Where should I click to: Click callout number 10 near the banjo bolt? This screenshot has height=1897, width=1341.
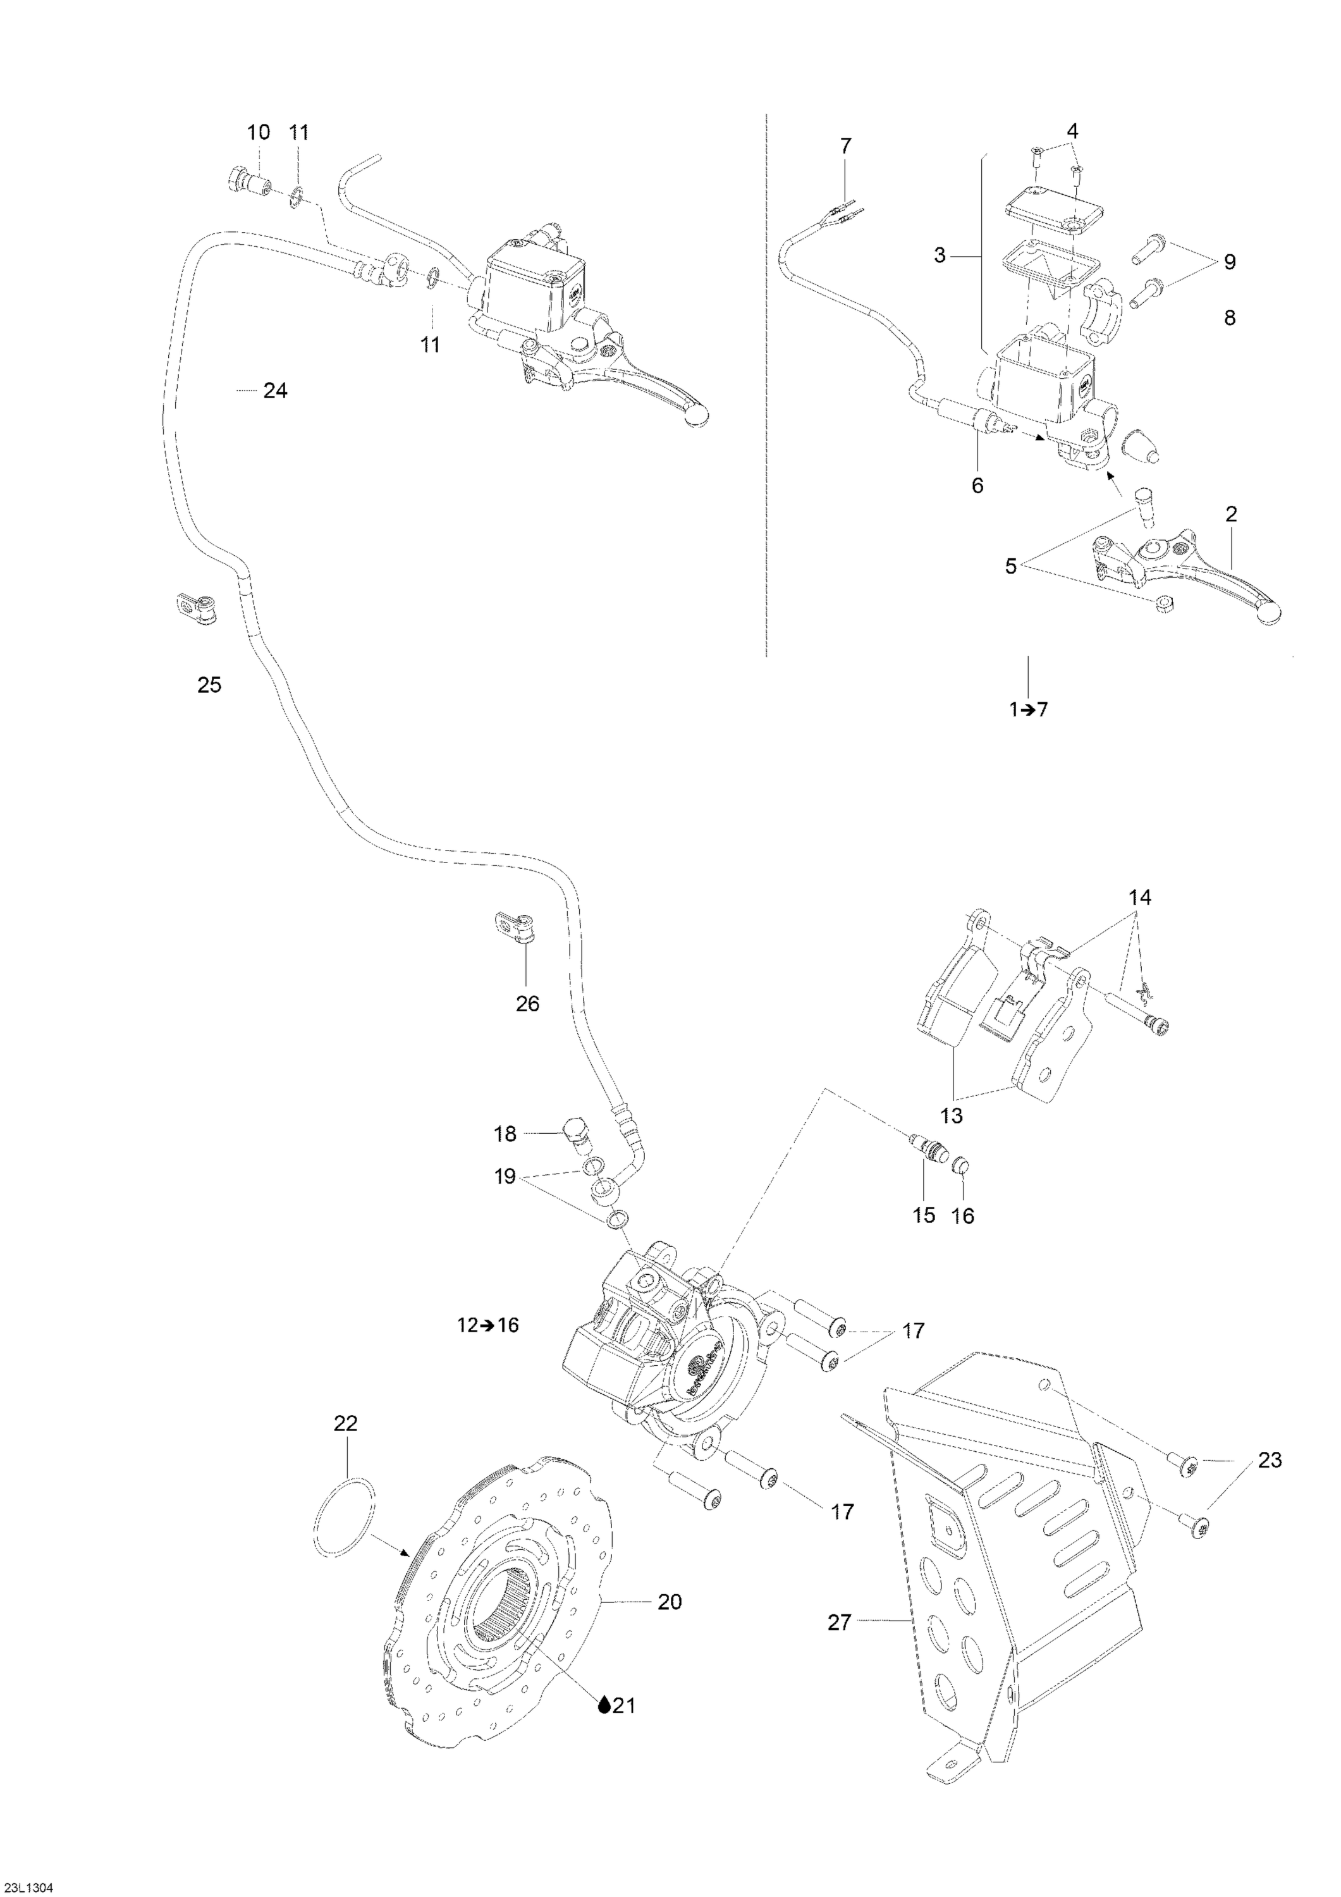pos(259,132)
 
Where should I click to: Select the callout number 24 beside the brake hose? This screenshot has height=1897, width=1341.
pos(275,391)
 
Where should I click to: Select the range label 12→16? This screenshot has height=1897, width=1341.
pos(487,1348)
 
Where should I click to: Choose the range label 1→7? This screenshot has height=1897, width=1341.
pos(1029,709)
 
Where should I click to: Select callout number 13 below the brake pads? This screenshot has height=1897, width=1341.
pos(952,1115)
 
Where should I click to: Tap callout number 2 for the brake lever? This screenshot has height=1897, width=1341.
pos(1231,514)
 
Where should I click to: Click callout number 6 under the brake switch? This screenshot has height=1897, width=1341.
pos(977,486)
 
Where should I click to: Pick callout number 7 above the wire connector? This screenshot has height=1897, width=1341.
pos(845,146)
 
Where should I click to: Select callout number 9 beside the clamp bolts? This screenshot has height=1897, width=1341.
pos(1230,263)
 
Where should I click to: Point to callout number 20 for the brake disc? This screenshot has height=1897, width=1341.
pos(670,1602)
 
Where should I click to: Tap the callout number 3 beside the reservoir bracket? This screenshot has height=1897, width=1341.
pos(940,256)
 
